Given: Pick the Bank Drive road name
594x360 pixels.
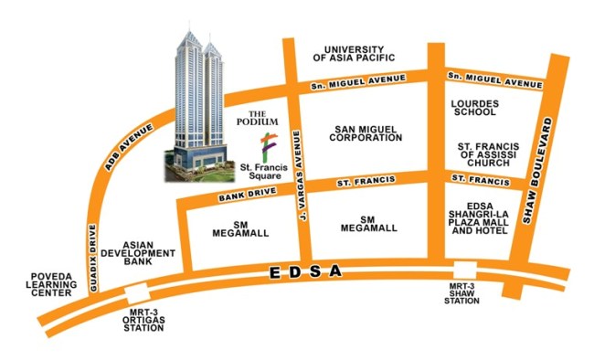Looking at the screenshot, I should pos(240,196).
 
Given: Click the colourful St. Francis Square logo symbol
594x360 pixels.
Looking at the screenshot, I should pos(267,145).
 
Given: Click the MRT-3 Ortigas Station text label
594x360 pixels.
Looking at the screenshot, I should pos(149,324).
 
